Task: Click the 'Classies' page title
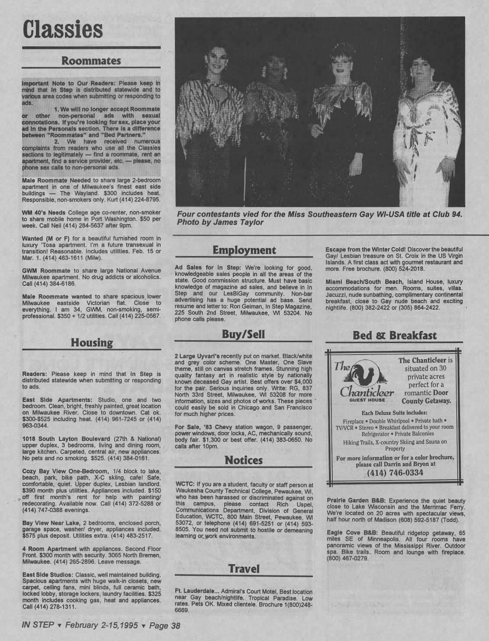click(63, 29)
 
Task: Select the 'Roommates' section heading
click(91, 61)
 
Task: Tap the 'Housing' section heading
click(92, 343)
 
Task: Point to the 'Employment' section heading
click(244, 250)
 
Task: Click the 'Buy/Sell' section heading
click(243, 334)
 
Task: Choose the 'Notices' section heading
click(244, 460)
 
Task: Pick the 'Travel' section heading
click(244, 569)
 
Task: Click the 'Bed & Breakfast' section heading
click(395, 336)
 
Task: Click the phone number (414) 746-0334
click(395, 473)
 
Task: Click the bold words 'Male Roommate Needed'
click(56, 180)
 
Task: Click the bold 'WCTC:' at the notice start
click(185, 484)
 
